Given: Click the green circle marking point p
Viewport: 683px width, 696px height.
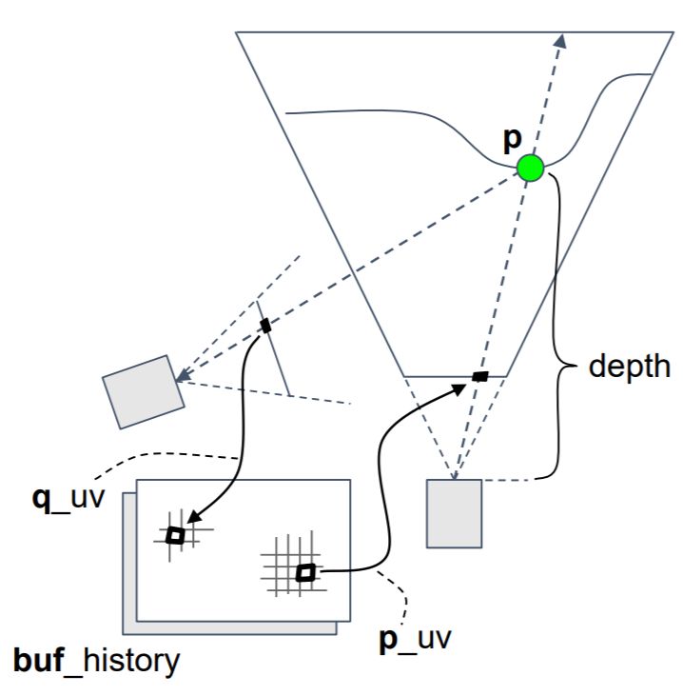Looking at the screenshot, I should point(530,169).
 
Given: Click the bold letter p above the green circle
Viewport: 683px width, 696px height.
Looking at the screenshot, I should point(513,138).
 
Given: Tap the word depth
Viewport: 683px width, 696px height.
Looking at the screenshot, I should point(628,367).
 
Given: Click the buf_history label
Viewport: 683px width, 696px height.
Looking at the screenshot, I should point(96,660).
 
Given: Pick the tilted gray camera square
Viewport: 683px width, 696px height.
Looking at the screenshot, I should point(143,391).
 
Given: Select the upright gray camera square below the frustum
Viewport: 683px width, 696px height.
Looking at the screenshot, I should point(454,514).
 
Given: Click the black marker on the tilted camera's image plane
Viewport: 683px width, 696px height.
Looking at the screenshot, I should point(265,327).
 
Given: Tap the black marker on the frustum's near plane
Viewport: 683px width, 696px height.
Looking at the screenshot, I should point(480,377).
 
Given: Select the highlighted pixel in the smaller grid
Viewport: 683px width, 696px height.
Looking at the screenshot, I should point(175,536).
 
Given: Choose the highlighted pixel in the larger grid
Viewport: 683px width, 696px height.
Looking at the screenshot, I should point(305,572).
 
